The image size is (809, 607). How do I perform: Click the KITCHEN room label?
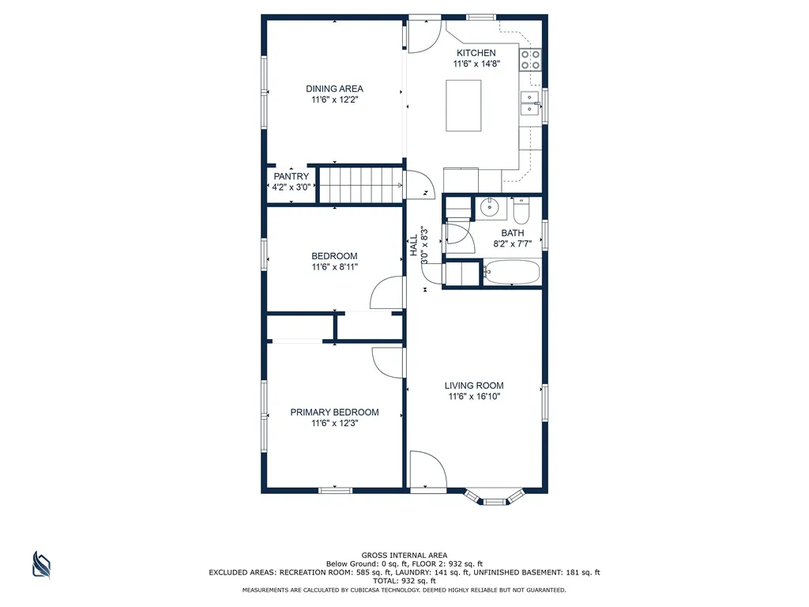coord(476,53)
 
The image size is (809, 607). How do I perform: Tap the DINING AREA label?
coord(334,89)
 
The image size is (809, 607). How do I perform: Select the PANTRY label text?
coord(291,176)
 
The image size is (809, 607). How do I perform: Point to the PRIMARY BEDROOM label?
coord(334,413)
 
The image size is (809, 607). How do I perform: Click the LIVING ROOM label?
coord(474,386)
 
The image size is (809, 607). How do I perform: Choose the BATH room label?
coord(512,233)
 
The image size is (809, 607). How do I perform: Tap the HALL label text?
coord(414,245)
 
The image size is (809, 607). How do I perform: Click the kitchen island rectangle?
coord(463,105)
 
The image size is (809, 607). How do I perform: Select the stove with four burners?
coord(530,59)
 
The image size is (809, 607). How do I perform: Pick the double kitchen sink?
coord(530,103)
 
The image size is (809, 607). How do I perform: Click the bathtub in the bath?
coord(511,272)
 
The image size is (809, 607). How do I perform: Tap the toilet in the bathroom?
coord(521,210)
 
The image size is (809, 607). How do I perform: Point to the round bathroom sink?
coord(489,208)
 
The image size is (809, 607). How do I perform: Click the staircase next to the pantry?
coord(360,185)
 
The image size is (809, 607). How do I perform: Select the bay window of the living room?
coord(494,496)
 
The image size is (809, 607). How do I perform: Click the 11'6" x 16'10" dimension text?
coord(474,397)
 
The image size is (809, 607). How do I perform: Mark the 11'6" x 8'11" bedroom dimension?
coord(334,267)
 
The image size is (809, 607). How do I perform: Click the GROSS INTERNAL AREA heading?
coord(404,556)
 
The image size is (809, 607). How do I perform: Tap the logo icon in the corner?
coord(41,564)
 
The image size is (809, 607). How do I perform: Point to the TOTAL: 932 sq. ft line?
coord(404,581)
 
